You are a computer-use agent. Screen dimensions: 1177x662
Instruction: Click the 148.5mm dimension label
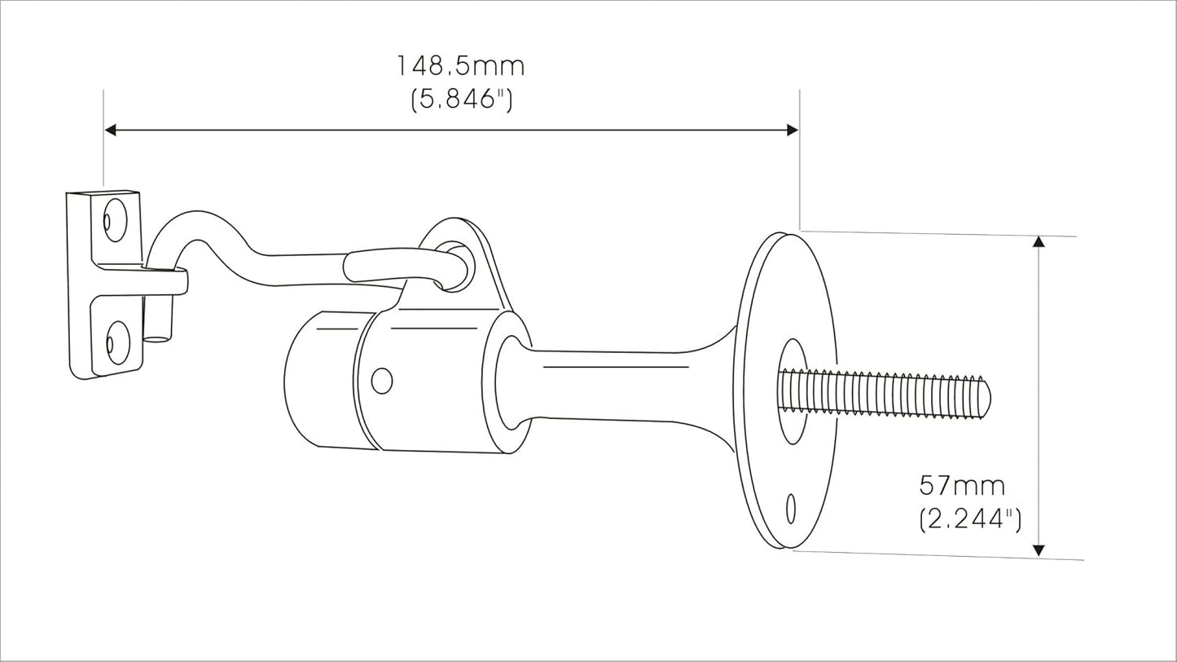point(459,66)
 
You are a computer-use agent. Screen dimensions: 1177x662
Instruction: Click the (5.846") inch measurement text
point(461,99)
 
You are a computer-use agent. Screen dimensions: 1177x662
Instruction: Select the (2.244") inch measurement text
point(970,519)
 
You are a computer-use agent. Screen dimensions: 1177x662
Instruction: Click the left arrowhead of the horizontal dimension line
point(110,130)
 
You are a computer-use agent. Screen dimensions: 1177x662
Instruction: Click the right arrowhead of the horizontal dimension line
point(793,130)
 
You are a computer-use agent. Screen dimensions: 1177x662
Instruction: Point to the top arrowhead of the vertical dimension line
point(1039,241)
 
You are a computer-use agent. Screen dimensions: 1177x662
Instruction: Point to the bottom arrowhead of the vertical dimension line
point(1039,550)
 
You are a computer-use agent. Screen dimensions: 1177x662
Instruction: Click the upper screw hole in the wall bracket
point(114,220)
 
